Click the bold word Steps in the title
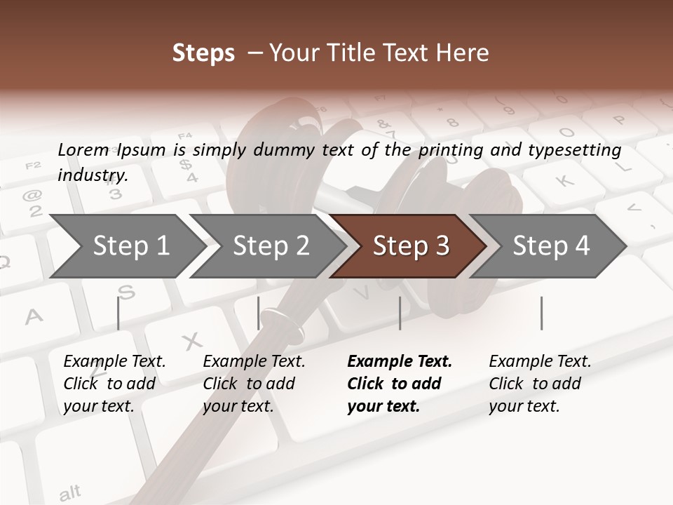203,53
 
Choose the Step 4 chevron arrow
551,245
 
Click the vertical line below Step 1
118,313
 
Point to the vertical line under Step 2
259,313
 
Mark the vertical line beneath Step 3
400,313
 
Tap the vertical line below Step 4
541,313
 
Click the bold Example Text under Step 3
400,384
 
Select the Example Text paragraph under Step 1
114,384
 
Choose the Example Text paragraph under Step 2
254,384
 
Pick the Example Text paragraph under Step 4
540,384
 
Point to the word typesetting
580,150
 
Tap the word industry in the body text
92,175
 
